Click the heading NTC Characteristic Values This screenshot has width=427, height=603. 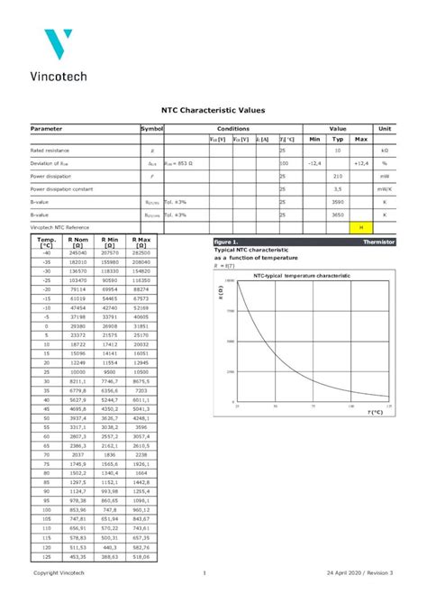(x=213, y=109)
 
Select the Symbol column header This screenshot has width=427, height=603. (x=151, y=130)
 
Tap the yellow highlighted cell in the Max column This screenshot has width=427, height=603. (x=361, y=227)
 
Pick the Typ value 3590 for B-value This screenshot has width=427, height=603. (x=338, y=202)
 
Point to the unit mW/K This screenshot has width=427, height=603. (x=385, y=189)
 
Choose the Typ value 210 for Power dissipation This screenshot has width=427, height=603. (x=338, y=177)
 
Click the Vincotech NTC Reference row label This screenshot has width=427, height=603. (x=59, y=227)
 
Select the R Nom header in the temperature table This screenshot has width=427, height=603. (x=77, y=242)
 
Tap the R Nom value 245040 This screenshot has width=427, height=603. (x=77, y=253)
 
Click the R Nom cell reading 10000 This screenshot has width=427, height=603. (x=77, y=371)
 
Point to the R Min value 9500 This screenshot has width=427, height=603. (x=109, y=371)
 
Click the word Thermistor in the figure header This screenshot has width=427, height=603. (x=378, y=242)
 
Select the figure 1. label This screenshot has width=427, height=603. (x=226, y=242)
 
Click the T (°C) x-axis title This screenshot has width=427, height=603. (x=376, y=412)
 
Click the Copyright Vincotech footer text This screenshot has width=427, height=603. (x=59, y=573)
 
